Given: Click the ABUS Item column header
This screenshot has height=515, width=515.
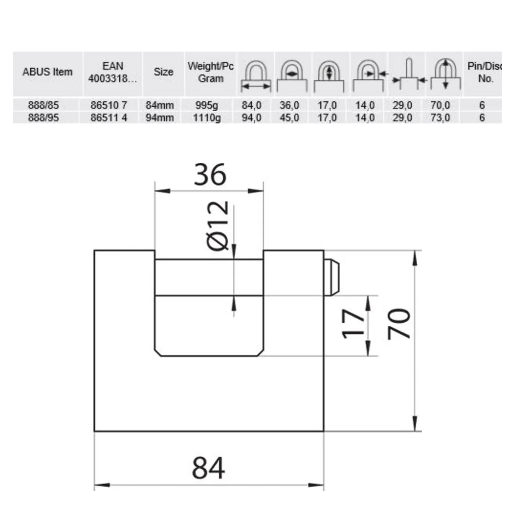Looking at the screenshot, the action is point(47,72).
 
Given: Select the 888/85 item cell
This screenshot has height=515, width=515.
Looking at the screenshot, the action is point(43,105).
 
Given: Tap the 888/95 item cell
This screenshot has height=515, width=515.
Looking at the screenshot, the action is point(43,118).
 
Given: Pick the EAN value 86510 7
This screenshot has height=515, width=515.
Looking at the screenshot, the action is point(109,105).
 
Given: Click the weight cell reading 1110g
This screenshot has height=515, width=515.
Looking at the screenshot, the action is point(207,118).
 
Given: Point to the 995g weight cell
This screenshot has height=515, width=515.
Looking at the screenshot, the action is point(207,105).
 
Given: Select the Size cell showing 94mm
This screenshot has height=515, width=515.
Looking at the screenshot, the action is point(160,118).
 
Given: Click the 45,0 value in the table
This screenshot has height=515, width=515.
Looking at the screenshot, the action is point(289,118).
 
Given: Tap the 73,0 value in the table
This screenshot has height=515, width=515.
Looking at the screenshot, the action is point(440,118).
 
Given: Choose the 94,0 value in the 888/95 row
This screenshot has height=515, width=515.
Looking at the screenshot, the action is point(252,118).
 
